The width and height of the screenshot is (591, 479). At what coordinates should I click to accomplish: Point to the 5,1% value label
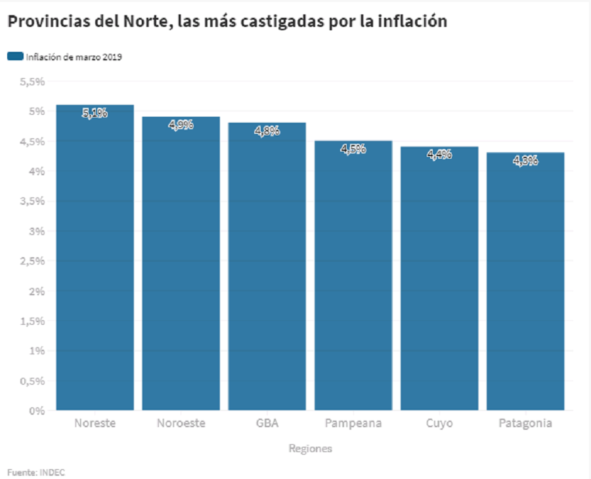pos(95,113)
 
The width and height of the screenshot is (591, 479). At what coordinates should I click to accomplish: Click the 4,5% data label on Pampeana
pos(353,149)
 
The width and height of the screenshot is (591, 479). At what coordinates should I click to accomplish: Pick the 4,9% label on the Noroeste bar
pos(181,125)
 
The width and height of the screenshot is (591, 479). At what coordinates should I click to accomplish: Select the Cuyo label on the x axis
pos(439,423)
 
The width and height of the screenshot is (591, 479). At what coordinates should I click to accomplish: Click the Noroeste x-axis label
pos(181,423)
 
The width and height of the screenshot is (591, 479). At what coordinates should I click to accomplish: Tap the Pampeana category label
pos(353,423)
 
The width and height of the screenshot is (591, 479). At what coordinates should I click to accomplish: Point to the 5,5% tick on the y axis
pos(32,81)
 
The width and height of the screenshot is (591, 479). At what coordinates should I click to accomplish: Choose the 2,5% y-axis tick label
pos(32,261)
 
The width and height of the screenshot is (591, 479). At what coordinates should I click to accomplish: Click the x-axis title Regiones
pos(310,449)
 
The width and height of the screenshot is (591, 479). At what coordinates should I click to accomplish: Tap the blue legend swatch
pos(15,56)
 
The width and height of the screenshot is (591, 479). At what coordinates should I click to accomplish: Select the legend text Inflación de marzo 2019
pos(74,57)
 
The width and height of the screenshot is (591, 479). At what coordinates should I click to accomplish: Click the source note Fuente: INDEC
pos(36,472)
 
